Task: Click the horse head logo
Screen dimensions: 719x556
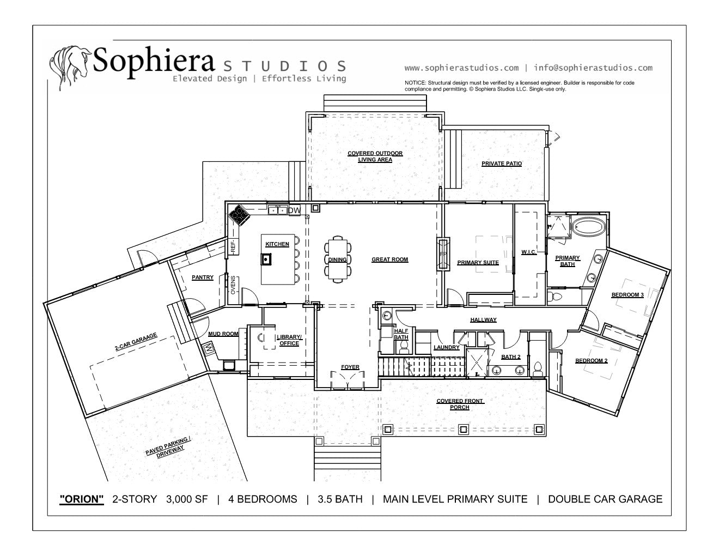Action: click(70, 67)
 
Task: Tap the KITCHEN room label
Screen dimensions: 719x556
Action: click(277, 244)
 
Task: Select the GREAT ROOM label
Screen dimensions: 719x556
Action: click(390, 259)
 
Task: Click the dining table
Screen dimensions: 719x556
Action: click(338, 259)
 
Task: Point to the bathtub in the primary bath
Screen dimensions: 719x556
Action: click(589, 227)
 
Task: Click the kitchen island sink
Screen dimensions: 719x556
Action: click(266, 259)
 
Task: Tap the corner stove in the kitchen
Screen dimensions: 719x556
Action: click(239, 215)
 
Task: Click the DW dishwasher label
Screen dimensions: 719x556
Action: click(295, 210)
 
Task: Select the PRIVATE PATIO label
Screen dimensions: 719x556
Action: click(502, 164)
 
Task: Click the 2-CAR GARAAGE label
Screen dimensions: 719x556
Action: click(136, 342)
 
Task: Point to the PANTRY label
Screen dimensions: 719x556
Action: click(203, 277)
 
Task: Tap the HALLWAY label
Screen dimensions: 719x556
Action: click(483, 320)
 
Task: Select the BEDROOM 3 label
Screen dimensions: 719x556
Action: click(627, 295)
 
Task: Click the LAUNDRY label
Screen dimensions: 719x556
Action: click(446, 347)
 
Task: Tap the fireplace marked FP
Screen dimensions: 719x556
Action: click(443, 254)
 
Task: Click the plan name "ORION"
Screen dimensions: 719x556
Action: click(81, 499)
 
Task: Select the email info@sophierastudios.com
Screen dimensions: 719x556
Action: click(593, 68)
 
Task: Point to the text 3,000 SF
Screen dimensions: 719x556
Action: click(187, 499)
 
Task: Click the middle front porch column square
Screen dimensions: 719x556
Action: click(464, 430)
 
